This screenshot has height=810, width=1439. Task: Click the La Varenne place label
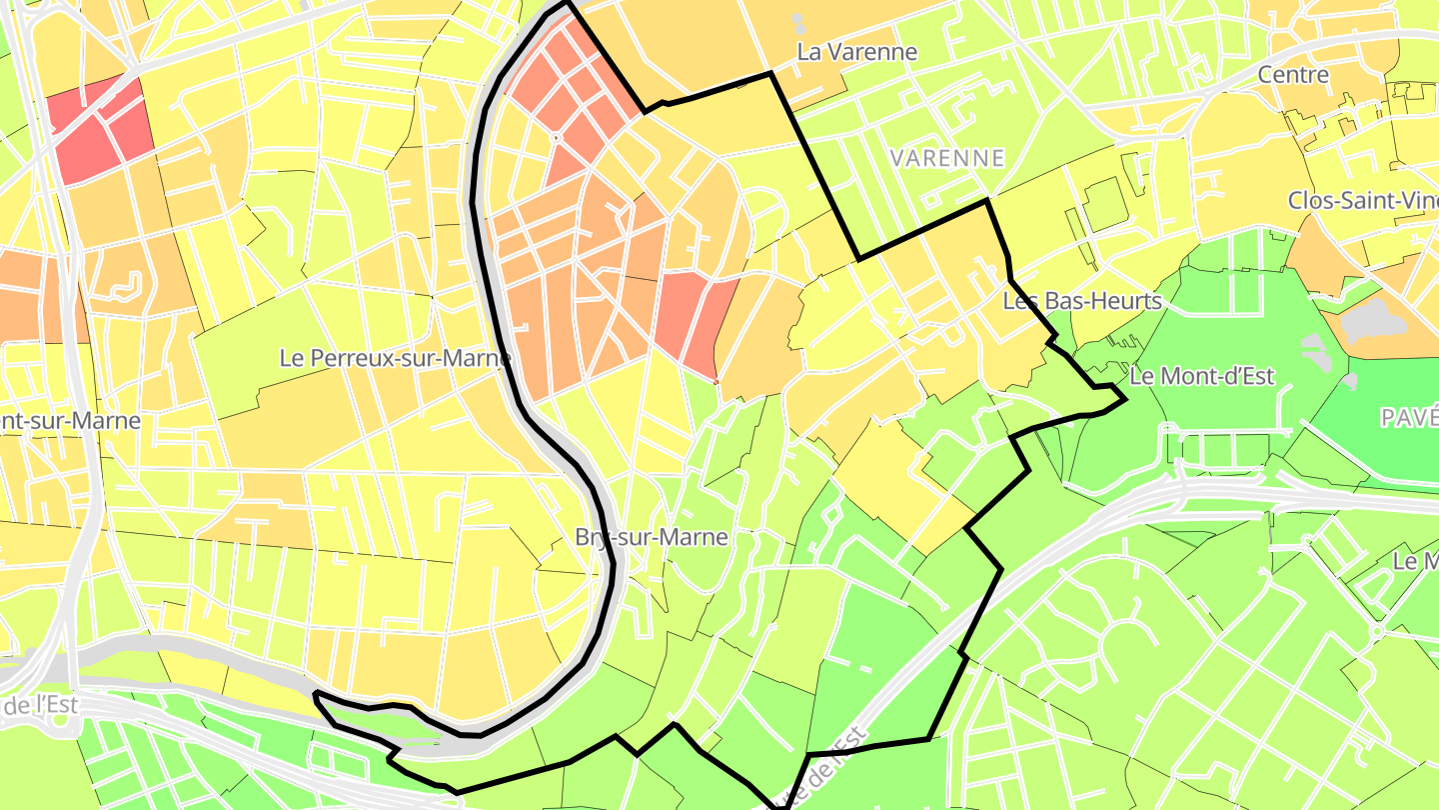[856, 51]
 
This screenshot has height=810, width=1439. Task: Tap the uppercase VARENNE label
[947, 158]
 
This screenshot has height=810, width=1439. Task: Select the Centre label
[1293, 74]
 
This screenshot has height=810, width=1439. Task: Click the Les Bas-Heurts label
[1082, 300]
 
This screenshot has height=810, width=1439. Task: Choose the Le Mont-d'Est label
[1201, 376]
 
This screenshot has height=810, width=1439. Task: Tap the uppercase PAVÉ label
[1409, 418]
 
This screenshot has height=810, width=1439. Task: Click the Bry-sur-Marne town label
[652, 537]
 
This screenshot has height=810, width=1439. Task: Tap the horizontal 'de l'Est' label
[38, 705]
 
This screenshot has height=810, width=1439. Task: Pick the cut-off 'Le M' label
[1415, 561]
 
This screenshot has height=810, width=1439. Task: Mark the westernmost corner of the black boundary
[315, 693]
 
